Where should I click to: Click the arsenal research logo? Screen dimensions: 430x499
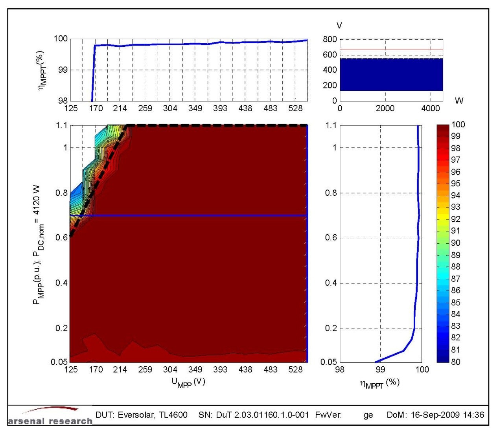point(50,417)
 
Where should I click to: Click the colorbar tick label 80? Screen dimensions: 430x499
point(455,362)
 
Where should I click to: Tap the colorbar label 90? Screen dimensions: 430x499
point(455,243)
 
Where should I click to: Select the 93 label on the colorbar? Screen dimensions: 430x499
point(455,207)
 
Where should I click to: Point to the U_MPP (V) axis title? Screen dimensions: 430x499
point(188,382)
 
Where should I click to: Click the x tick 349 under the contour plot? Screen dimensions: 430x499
point(195,369)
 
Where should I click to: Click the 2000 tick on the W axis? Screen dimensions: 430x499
point(385,108)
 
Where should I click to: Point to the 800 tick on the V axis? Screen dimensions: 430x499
point(330,39)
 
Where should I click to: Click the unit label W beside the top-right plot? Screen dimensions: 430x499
point(459,101)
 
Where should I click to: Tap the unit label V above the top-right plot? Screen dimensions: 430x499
point(339,26)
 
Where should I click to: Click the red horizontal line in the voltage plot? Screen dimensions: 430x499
point(391,49)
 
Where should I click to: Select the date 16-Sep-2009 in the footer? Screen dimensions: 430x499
point(434,415)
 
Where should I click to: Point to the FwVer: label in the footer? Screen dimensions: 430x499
point(328,415)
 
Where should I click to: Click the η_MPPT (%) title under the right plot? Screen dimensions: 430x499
point(379,384)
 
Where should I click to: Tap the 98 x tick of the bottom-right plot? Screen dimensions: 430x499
point(339,369)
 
